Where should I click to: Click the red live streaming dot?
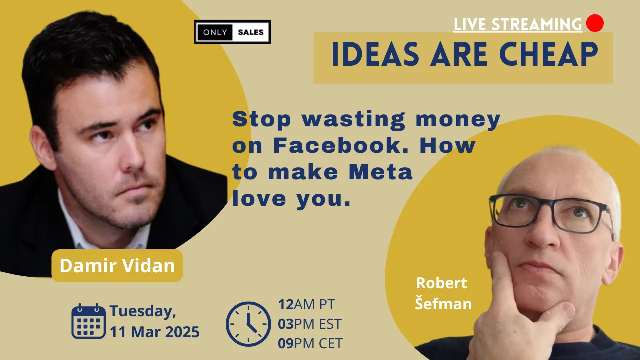(595, 23)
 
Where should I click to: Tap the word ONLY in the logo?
(215, 32)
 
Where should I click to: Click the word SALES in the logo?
(251, 32)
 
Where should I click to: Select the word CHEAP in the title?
(548, 54)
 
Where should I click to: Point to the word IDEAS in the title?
(375, 54)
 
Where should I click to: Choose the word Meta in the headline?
(381, 172)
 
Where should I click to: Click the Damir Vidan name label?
(117, 266)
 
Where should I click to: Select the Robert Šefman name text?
(443, 293)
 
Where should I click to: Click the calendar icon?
(88, 321)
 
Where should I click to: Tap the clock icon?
(248, 324)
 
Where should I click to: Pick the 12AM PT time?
(306, 304)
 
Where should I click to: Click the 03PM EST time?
(309, 324)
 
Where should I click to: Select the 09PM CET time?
(310, 343)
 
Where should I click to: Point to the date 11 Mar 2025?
(155, 332)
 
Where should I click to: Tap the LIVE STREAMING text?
(518, 24)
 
